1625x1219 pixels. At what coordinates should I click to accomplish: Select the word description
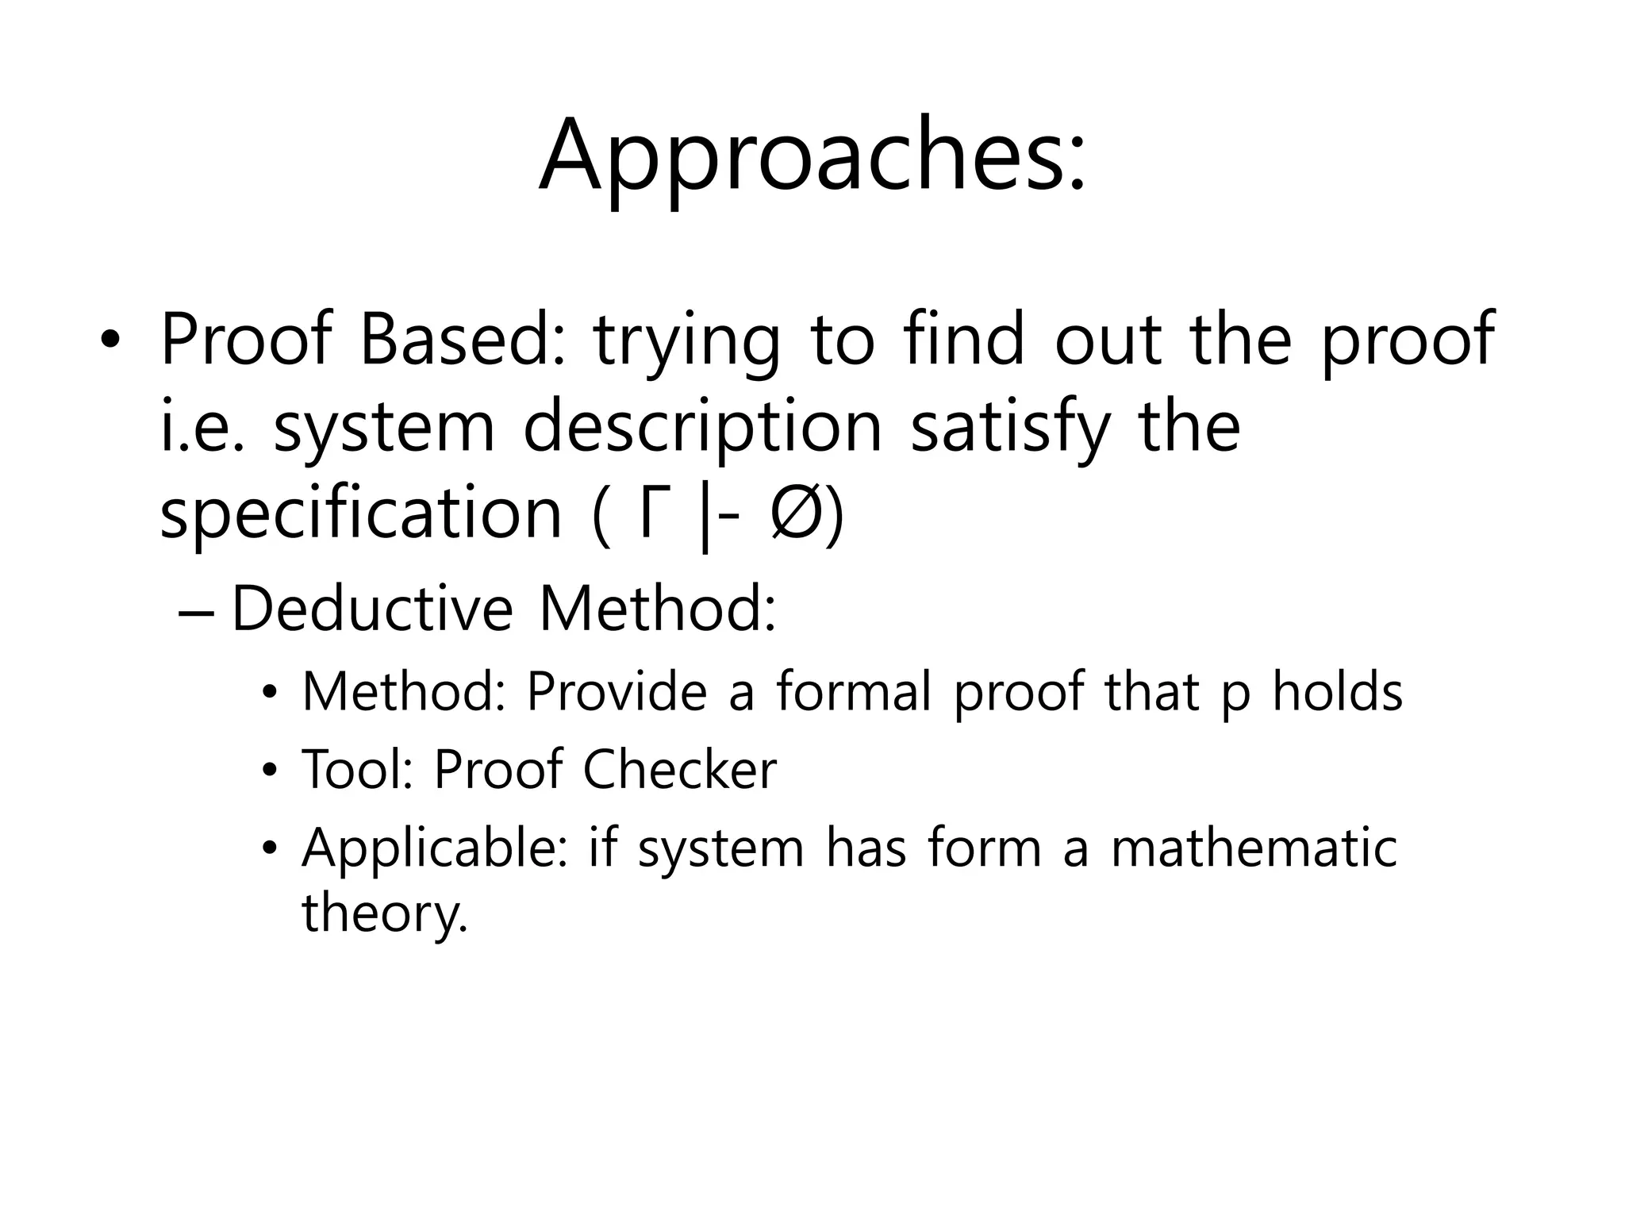coord(702,429)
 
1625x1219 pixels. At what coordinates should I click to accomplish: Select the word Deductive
coord(372,609)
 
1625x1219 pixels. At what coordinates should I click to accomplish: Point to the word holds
coord(1338,691)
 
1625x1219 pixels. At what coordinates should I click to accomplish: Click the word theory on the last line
coord(385,914)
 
